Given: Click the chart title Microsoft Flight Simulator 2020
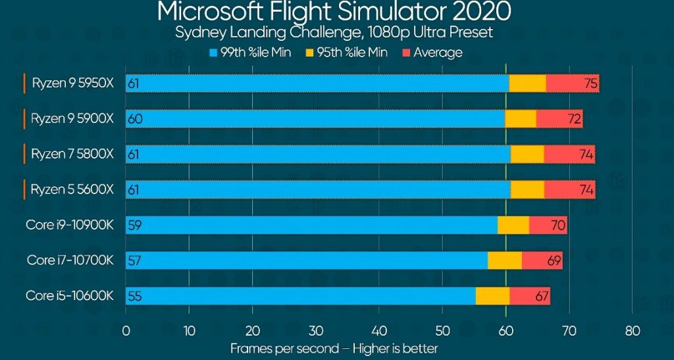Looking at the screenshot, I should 334,12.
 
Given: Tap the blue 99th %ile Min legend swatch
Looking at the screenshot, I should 214,52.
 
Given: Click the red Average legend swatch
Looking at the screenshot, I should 407,52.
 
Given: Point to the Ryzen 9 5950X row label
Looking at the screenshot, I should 73,84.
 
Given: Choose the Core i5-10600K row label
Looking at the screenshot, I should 70,296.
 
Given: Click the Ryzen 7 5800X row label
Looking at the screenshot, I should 73,154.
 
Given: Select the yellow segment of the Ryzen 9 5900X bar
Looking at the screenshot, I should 520,118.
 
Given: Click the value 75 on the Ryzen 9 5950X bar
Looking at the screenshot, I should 590,84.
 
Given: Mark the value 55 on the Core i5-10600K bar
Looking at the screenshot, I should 134,296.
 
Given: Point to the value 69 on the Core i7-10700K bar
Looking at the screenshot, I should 554,261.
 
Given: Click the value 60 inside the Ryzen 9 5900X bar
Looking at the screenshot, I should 135,119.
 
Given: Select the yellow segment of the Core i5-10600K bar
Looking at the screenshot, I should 492,296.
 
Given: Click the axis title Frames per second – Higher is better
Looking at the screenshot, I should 334,348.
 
